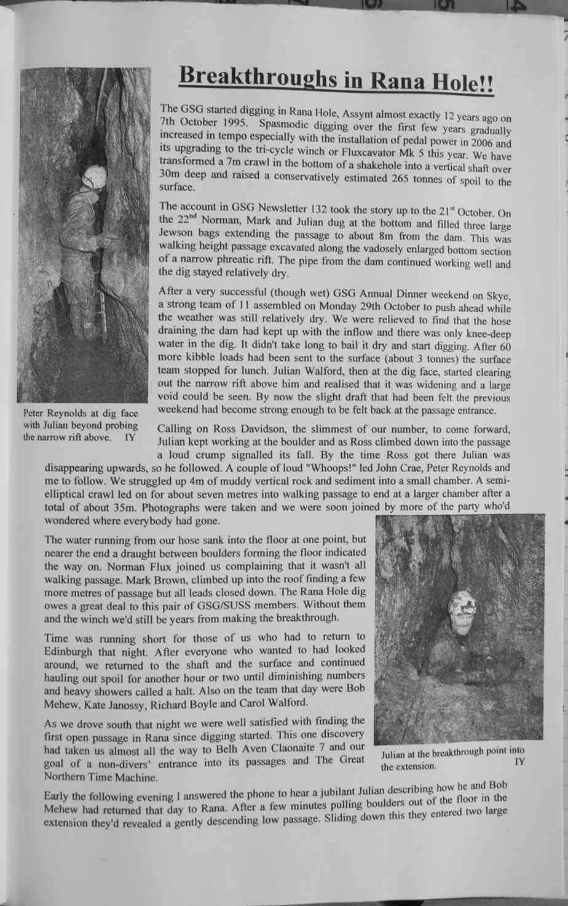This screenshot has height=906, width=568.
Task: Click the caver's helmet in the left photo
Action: pyautogui.click(x=95, y=177)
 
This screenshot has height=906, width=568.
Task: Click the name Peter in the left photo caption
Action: pyautogui.click(x=34, y=414)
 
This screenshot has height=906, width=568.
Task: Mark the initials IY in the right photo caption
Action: pyautogui.click(x=520, y=762)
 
